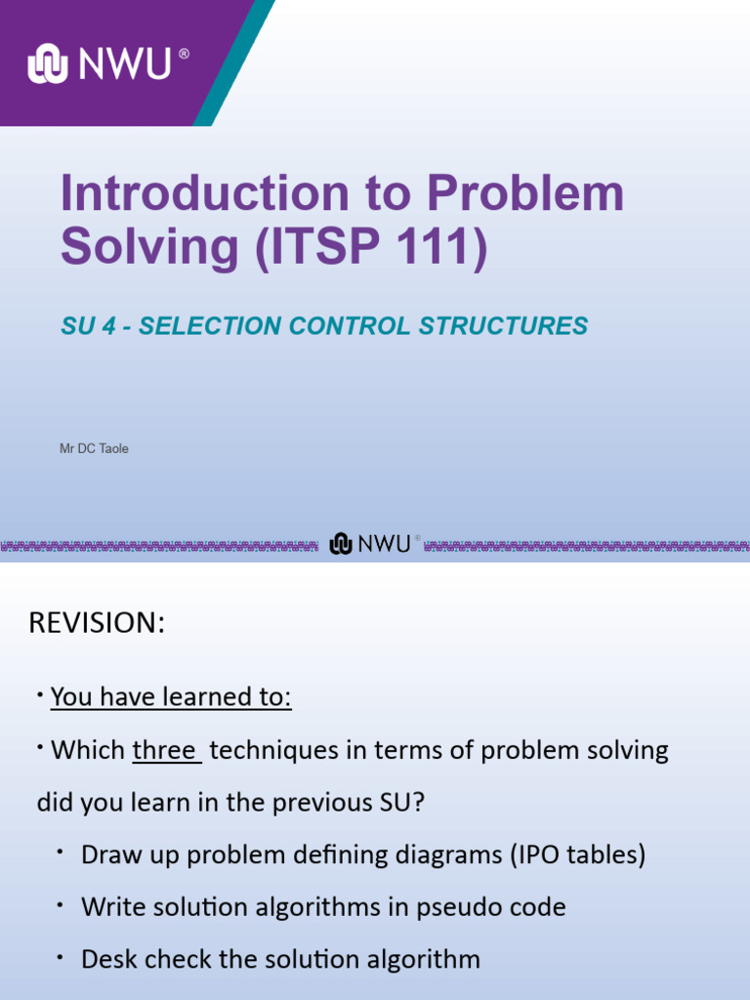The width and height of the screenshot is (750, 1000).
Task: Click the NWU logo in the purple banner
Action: click(x=105, y=64)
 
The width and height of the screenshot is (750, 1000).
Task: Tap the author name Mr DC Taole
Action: click(x=95, y=448)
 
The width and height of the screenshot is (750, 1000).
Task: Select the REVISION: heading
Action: click(x=97, y=623)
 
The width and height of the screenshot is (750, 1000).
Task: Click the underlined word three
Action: click(x=165, y=750)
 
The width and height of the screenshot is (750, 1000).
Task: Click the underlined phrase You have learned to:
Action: click(x=171, y=697)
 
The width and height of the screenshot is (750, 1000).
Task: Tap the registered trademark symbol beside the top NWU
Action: click(x=184, y=55)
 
